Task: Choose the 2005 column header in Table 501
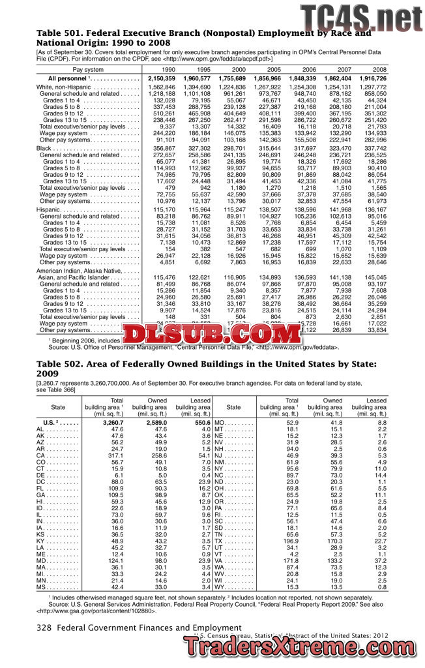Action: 274,69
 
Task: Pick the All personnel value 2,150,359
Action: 162,78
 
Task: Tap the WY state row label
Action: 221,587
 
